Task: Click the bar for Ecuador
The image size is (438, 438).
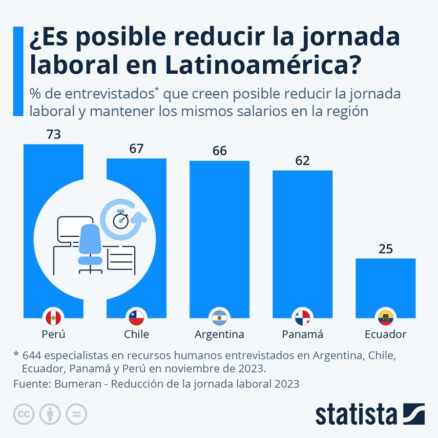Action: [x=385, y=284]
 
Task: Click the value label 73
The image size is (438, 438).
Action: [x=53, y=135]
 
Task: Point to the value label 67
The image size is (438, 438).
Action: [x=136, y=149]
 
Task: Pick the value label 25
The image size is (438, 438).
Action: [x=385, y=249]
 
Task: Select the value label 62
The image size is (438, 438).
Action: [x=302, y=161]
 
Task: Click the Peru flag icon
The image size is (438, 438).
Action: [x=53, y=318]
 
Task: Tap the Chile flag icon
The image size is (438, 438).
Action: [x=136, y=318]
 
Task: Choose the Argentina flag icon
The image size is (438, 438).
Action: [x=219, y=318]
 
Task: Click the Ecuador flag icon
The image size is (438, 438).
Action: [x=385, y=318]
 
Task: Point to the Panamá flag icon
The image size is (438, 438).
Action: [x=302, y=318]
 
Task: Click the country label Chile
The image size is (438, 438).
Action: [x=136, y=335]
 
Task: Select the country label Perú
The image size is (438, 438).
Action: [x=53, y=335]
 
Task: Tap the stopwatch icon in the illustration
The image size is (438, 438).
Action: [x=121, y=220]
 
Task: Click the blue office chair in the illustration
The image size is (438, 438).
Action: [x=90, y=246]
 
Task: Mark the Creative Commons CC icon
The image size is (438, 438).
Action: [x=24, y=413]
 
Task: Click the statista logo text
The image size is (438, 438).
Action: [x=356, y=414]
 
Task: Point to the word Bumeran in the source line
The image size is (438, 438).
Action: [x=71, y=383]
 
